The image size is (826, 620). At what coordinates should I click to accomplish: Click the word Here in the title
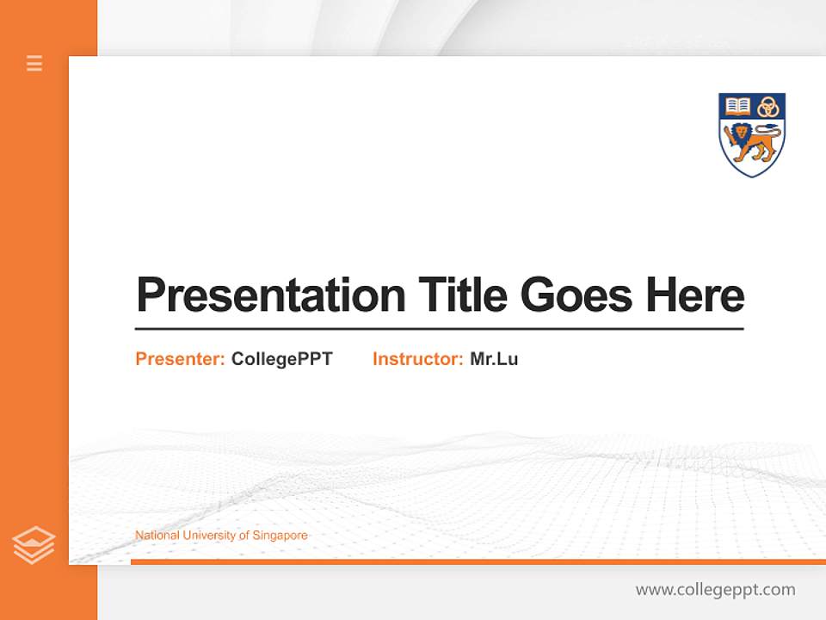[694, 295]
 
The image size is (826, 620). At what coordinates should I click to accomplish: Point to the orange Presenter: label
[180, 359]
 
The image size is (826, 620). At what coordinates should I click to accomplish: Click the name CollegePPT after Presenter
[281, 359]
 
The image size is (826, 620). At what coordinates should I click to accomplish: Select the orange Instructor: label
[417, 359]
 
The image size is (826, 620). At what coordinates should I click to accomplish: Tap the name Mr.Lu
[494, 359]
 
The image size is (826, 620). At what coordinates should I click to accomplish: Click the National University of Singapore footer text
[221, 536]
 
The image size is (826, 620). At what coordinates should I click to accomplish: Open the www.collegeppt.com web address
[715, 590]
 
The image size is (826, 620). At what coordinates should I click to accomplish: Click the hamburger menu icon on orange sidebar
[34, 63]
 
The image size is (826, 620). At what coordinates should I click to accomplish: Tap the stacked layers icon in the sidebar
[34, 545]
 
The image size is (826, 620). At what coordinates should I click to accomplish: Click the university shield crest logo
[752, 134]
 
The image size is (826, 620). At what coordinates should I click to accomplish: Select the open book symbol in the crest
[737, 106]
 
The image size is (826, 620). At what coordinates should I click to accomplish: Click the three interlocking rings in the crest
[767, 107]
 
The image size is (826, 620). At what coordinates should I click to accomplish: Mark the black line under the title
[439, 328]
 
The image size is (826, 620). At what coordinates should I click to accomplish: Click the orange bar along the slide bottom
[478, 561]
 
